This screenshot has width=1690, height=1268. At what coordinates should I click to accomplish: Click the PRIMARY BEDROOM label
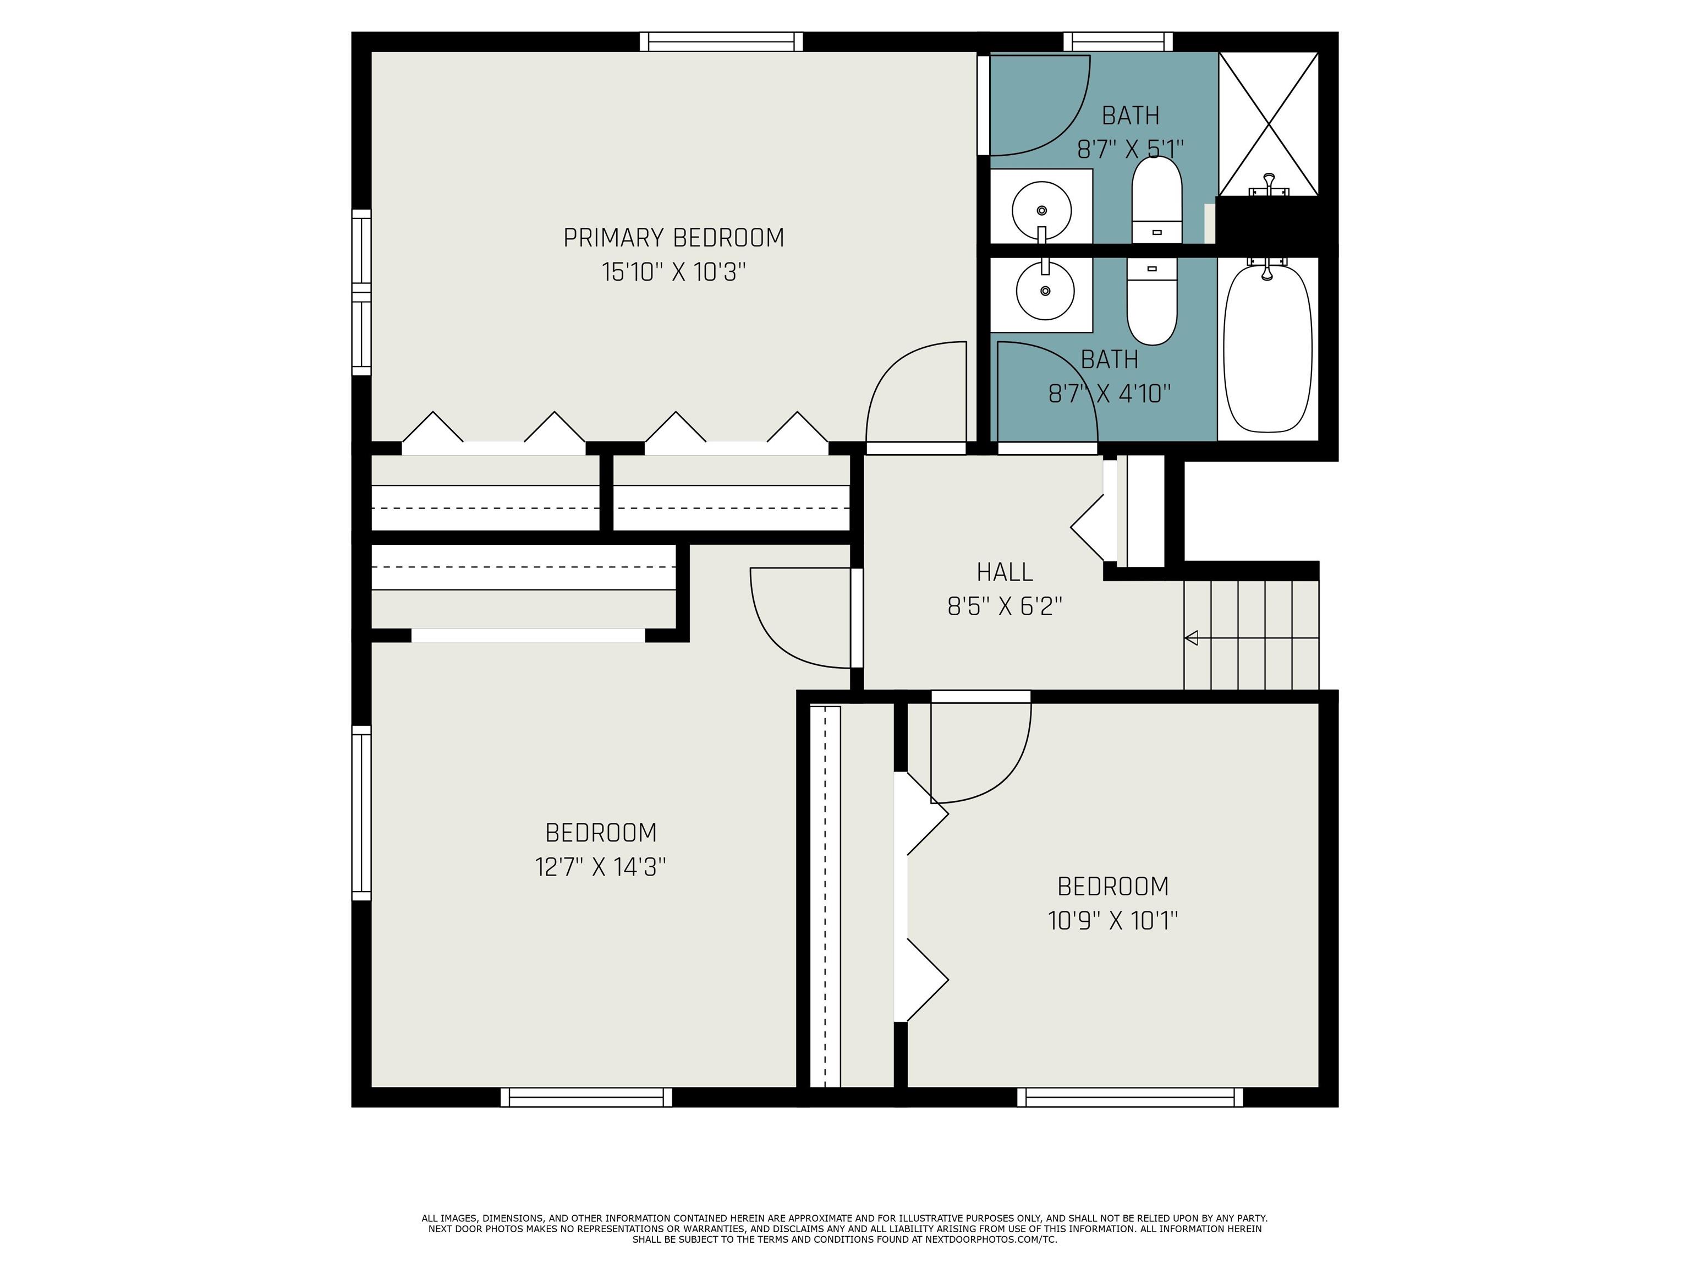(673, 238)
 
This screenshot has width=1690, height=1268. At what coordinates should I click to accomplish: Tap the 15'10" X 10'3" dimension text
(673, 272)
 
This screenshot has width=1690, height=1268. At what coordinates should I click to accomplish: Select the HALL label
(1004, 572)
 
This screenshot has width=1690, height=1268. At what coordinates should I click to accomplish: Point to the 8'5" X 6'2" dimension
(1004, 606)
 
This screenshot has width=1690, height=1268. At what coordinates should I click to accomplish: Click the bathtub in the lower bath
(1267, 348)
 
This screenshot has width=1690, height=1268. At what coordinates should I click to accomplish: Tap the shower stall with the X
(1267, 122)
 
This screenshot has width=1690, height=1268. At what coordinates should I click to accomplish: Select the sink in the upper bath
(1041, 210)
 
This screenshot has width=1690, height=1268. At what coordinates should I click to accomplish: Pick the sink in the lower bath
(1044, 291)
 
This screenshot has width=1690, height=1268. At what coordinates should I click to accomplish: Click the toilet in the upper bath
(1156, 200)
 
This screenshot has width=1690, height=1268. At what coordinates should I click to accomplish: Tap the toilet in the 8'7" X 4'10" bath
(1152, 302)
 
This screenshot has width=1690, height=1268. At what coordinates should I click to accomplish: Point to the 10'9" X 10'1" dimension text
(1112, 920)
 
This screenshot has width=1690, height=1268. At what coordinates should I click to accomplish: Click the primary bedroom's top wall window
(721, 41)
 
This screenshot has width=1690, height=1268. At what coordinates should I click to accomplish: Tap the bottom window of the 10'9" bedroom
(1129, 1097)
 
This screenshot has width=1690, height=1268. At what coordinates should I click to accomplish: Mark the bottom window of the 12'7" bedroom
(586, 1097)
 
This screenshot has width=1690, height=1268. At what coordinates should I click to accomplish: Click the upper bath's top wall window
(1118, 41)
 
